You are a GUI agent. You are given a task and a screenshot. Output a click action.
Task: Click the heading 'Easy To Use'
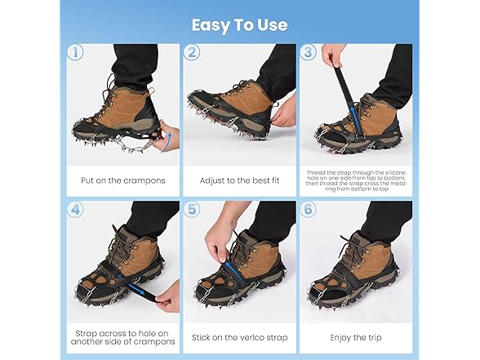coord(239,24)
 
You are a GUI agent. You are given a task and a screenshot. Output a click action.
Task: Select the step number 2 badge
coord(191,52)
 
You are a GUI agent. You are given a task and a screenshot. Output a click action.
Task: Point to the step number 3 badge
coord(308,52)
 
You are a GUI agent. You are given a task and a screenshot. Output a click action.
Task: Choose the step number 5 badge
coord(191,209)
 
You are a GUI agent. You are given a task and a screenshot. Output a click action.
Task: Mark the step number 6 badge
coord(308,209)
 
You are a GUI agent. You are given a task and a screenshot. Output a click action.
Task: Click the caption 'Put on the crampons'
coord(123,180)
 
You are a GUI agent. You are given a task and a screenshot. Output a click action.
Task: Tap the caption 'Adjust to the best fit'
coord(240,180)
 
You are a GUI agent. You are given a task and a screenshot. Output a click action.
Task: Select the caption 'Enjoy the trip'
coord(356,336)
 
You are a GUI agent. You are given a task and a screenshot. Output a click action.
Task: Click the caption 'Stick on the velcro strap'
coord(240,336)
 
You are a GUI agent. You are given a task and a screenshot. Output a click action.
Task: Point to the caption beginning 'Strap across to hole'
coord(123,336)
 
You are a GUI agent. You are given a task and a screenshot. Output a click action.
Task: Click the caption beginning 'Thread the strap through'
coord(356,180)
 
